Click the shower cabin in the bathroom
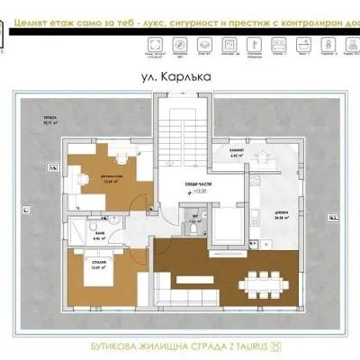78,225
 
